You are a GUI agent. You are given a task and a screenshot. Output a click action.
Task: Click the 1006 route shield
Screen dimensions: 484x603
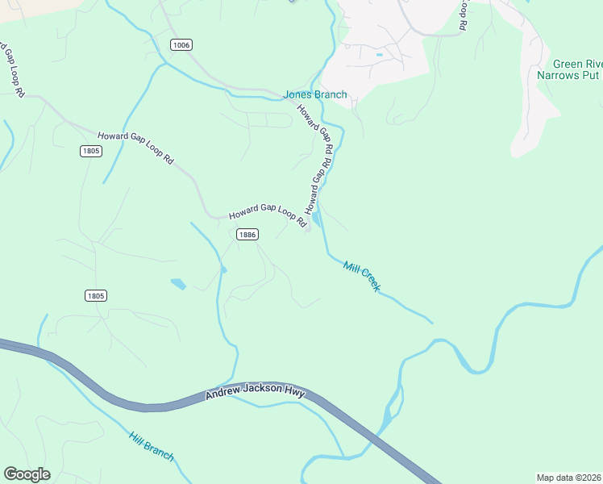point(181,45)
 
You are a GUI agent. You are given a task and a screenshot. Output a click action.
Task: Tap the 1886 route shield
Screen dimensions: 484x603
point(247,234)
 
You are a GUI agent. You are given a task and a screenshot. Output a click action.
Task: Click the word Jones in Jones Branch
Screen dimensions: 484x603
point(297,94)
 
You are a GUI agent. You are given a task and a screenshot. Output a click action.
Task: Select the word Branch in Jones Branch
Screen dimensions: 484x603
point(331,94)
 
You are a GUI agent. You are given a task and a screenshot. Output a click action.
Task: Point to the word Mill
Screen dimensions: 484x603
point(351,267)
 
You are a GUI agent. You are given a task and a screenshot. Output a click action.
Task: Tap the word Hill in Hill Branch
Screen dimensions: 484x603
point(138,439)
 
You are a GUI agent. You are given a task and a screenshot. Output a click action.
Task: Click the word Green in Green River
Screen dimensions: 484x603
point(567,65)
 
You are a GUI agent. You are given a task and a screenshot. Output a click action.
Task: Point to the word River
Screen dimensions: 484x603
point(593,65)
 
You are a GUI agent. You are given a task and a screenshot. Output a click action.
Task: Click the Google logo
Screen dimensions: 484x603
point(27,474)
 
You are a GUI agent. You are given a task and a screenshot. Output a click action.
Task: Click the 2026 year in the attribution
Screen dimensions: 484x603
point(591,478)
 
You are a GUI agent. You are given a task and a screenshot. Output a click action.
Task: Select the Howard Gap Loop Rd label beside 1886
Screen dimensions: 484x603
point(268,214)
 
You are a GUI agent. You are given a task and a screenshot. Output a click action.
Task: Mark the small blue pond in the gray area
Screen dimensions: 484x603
point(379,54)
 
